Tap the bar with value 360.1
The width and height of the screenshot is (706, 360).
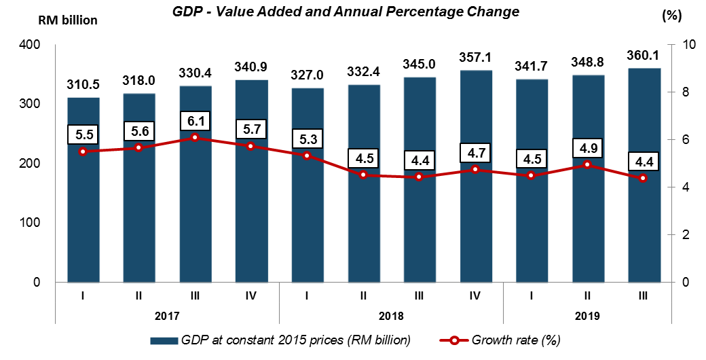644,204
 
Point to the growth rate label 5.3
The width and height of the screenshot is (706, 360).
308,140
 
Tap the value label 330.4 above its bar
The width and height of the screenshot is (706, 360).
195,73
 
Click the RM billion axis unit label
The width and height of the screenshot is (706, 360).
67,20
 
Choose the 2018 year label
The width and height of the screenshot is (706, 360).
392,316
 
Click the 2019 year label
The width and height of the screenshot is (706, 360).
588,316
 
